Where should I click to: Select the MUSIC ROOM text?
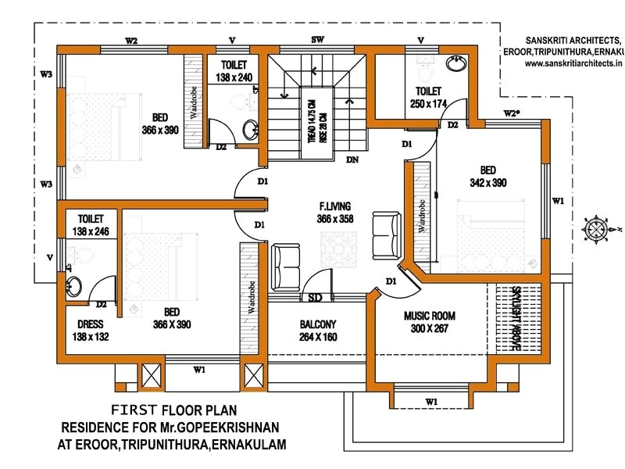429,316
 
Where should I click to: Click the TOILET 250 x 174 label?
428,97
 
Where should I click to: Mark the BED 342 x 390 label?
487,176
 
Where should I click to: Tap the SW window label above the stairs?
318,40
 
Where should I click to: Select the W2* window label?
512,113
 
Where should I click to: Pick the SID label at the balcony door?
316,298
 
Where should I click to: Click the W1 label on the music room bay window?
430,402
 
